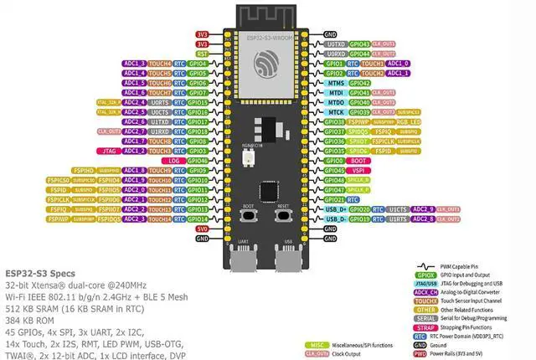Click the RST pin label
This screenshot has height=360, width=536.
pos(202,53)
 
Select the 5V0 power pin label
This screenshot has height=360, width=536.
pos(202,229)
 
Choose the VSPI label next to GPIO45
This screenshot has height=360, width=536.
pos(359,170)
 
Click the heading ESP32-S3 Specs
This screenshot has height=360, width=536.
pos(40,274)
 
